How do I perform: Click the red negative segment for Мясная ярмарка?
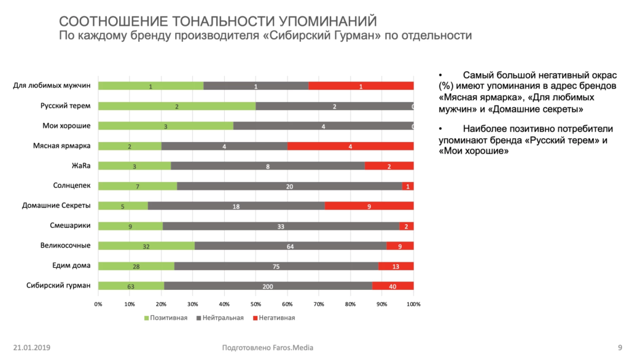tap(350, 146)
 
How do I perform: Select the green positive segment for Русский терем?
tap(177, 106)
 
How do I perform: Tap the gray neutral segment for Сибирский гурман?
tap(268, 286)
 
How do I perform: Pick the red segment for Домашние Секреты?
tap(369, 206)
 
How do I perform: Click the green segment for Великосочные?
tap(146, 246)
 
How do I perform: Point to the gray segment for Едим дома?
tap(276, 265)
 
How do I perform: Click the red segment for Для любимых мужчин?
tap(361, 86)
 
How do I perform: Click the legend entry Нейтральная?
tap(219, 318)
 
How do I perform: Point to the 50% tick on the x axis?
tap(256, 303)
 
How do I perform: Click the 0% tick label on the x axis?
tap(98, 303)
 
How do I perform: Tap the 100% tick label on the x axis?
tap(413, 303)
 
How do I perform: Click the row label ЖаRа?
tap(81, 166)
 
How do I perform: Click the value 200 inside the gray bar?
tap(268, 286)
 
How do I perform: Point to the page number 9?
tap(619, 348)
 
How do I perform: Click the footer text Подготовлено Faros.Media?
tap(267, 348)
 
